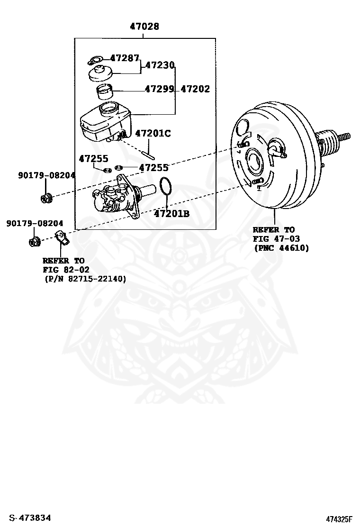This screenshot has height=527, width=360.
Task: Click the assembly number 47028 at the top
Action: point(144,27)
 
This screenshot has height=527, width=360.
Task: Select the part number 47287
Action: point(125,58)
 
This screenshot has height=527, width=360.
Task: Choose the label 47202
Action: point(195,89)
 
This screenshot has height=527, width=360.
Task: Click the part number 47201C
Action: point(153,133)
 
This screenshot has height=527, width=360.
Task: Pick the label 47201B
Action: point(171,214)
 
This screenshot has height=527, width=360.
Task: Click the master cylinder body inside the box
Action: point(117,200)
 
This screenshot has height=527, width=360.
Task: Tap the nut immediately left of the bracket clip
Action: point(34,242)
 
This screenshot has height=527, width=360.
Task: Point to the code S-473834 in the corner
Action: point(30,518)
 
